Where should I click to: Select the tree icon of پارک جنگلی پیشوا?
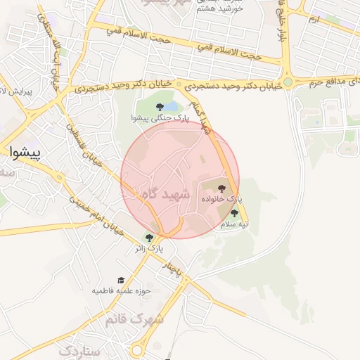click(x=157, y=108)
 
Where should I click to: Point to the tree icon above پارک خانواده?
click(x=222, y=188)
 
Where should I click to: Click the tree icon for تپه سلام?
click(x=234, y=213)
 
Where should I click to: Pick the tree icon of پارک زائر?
click(x=148, y=238)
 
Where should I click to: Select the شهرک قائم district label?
click(x=134, y=319)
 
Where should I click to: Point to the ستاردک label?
click(x=80, y=349)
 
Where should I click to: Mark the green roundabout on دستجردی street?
click(x=288, y=82)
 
